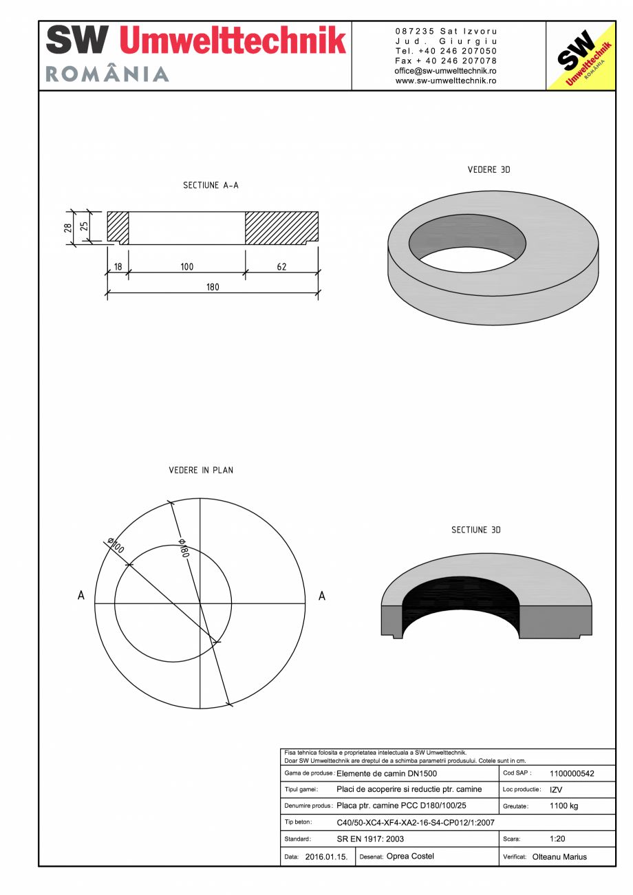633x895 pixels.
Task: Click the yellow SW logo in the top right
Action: (x=580, y=56)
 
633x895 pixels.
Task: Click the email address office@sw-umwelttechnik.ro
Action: (x=446, y=71)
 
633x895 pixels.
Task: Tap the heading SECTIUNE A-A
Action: (x=211, y=186)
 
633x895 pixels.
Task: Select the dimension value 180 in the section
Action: (x=213, y=288)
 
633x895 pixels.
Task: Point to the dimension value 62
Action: (x=281, y=267)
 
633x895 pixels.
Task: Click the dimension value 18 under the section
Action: (x=118, y=267)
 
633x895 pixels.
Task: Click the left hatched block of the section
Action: (x=118, y=226)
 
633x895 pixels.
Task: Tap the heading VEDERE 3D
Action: (x=489, y=170)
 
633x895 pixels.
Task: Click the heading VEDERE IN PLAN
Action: (x=201, y=471)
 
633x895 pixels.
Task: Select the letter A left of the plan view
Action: (x=81, y=596)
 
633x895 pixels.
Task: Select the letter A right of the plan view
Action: (x=321, y=596)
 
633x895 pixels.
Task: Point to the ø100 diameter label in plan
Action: (x=116, y=546)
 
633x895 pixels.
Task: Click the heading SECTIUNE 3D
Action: (x=475, y=530)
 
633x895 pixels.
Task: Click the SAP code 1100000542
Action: (x=572, y=773)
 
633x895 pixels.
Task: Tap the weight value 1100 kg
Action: (x=564, y=806)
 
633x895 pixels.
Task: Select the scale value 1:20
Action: (x=558, y=839)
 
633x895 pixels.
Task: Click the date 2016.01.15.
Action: (x=326, y=857)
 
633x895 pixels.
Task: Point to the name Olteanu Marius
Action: (x=559, y=857)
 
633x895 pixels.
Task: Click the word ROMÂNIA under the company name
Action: (x=107, y=74)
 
